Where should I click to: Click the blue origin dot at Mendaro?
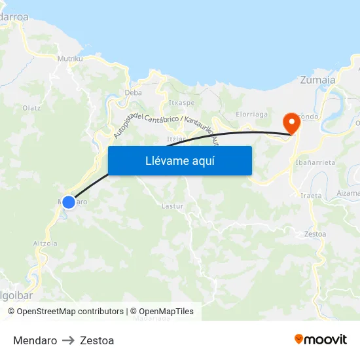click(68, 202)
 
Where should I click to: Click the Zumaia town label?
click(317, 81)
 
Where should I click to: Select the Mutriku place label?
click(70, 58)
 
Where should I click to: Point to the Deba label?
click(133, 93)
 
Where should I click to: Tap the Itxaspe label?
click(181, 103)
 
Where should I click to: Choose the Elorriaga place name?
click(251, 114)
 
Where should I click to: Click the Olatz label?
click(31, 108)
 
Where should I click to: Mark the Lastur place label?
click(171, 206)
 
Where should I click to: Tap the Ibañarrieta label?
click(315, 162)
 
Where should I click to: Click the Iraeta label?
click(311, 195)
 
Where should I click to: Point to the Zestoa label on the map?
click(315, 234)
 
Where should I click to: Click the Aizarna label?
click(348, 193)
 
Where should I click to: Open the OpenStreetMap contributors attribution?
click(69, 312)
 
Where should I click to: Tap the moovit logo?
click(321, 339)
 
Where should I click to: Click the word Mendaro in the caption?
click(35, 340)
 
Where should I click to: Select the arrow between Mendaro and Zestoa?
click(68, 340)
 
